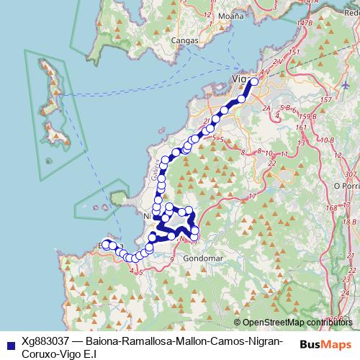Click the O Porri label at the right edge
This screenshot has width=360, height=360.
click(346, 185)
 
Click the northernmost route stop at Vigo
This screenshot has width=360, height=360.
click(253, 82)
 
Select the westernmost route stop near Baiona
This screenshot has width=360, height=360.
click(105, 244)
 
